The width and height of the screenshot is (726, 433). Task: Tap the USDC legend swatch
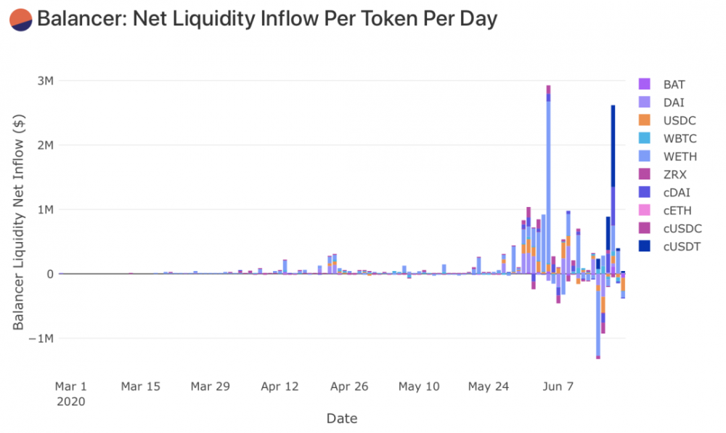click(x=644, y=121)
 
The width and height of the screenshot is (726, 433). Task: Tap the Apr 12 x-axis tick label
click(x=280, y=387)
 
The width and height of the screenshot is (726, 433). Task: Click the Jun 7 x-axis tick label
click(x=558, y=387)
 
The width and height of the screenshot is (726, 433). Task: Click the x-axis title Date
click(x=341, y=418)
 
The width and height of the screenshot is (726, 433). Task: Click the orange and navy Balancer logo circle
click(x=20, y=20)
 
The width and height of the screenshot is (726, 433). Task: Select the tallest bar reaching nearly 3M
click(x=548, y=182)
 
